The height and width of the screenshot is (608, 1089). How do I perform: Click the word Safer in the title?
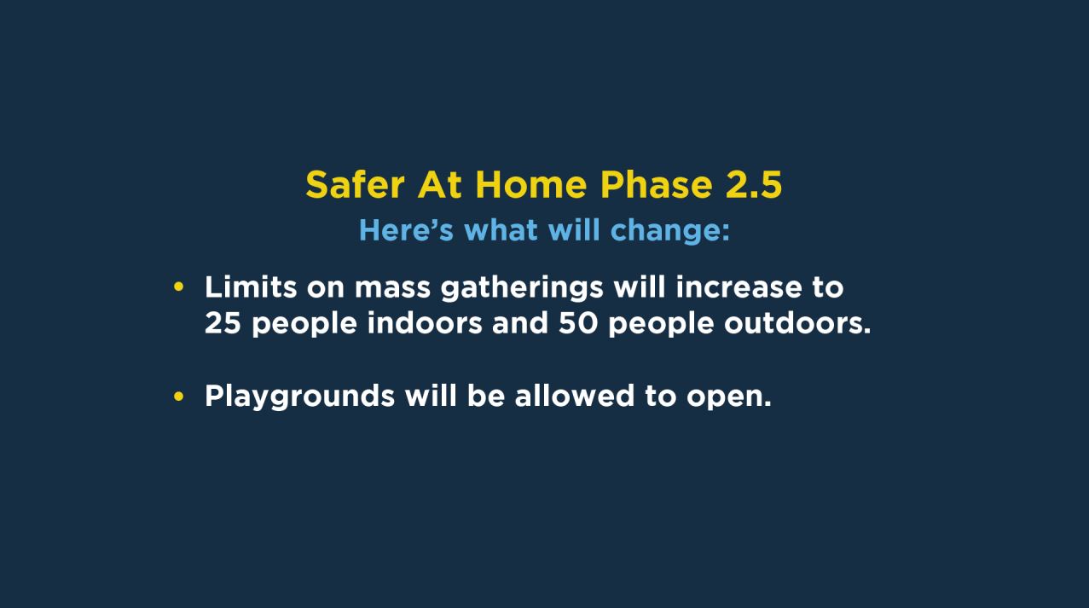pyautogui.click(x=355, y=185)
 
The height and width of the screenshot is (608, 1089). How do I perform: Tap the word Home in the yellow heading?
pyautogui.click(x=531, y=185)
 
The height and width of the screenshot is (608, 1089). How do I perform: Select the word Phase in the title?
pyautogui.click(x=657, y=185)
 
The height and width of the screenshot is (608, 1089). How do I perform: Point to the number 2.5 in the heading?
pyautogui.click(x=754, y=185)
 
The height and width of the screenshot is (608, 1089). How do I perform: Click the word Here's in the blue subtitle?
pyautogui.click(x=406, y=230)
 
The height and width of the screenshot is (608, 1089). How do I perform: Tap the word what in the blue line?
pyautogui.click(x=501, y=230)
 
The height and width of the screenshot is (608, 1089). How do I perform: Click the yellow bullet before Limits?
pyautogui.click(x=178, y=287)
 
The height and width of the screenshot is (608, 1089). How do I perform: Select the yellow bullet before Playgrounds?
pyautogui.click(x=178, y=397)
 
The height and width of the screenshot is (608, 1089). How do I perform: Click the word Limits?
pyautogui.click(x=251, y=287)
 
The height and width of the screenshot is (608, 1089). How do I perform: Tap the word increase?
pyautogui.click(x=739, y=287)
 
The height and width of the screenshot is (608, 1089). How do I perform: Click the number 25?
pyautogui.click(x=223, y=323)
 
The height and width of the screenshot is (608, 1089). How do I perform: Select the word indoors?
pyautogui.click(x=425, y=323)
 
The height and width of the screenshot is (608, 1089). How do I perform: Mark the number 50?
pyautogui.click(x=578, y=323)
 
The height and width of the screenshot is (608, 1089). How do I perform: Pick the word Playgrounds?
pyautogui.click(x=299, y=397)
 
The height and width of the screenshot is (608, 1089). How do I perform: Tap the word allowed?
pyautogui.click(x=575, y=396)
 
